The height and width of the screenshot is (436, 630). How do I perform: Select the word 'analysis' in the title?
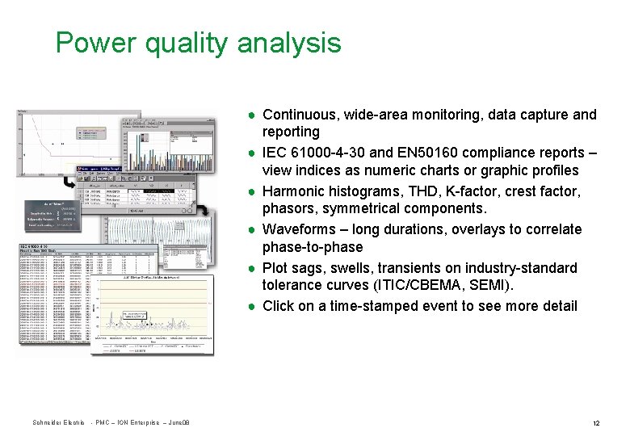[289, 42]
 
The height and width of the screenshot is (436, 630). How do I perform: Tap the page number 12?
[595, 424]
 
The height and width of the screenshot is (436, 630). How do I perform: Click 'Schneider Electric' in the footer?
[58, 424]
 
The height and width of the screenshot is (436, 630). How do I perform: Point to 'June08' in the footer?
[178, 424]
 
